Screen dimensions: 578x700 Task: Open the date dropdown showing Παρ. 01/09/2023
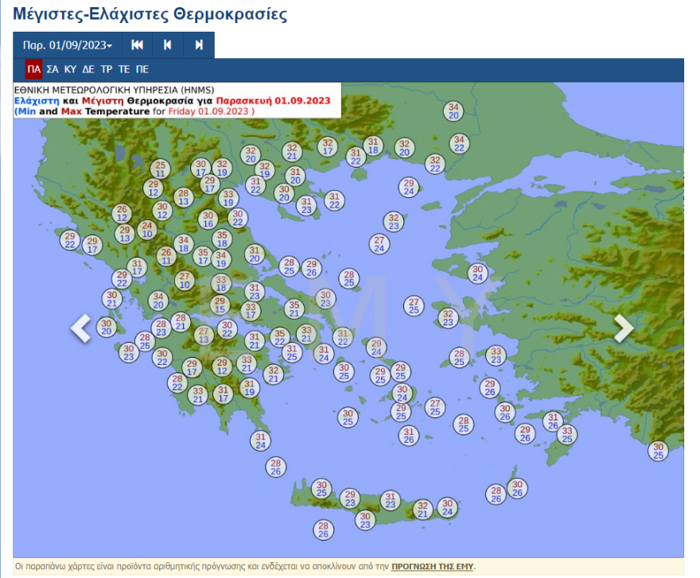pyautogui.click(x=67, y=45)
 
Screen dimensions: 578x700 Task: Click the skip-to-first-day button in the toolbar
pyautogui.click(x=137, y=45)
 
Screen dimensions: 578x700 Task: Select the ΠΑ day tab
pyautogui.click(x=33, y=69)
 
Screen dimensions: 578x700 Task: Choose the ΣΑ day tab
pyautogui.click(x=52, y=69)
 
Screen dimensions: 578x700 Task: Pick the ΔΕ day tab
pyautogui.click(x=88, y=69)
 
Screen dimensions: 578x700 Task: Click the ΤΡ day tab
pyautogui.click(x=107, y=69)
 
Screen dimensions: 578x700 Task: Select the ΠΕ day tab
pyautogui.click(x=142, y=69)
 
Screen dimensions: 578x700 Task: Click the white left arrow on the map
pyautogui.click(x=80, y=328)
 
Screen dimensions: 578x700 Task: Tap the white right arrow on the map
pyautogui.click(x=624, y=328)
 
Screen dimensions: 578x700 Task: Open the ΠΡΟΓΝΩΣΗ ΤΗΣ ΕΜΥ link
pyautogui.click(x=432, y=566)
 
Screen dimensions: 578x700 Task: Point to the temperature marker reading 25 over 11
pyautogui.click(x=161, y=169)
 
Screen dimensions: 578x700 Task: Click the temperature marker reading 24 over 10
pyautogui.click(x=147, y=230)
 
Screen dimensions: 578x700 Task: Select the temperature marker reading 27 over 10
pyautogui.click(x=185, y=280)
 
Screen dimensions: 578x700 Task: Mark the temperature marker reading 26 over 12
pyautogui.click(x=122, y=213)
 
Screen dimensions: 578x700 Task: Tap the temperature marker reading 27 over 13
pyautogui.click(x=204, y=336)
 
